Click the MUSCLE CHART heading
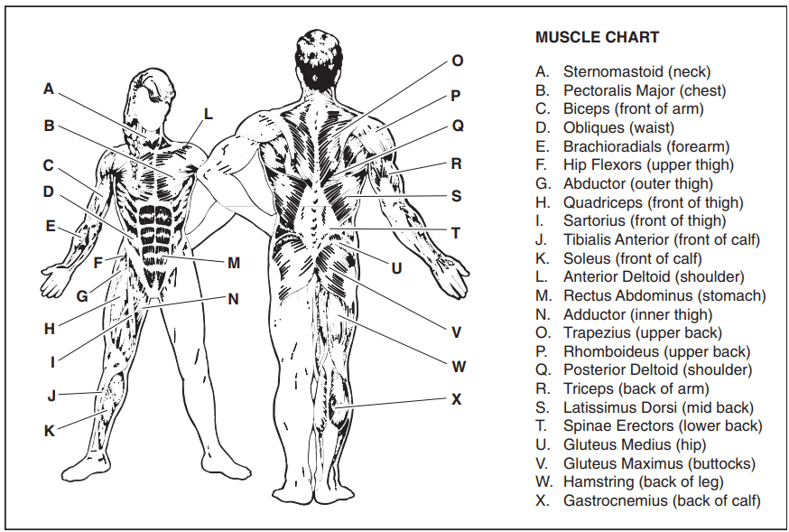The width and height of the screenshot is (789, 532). point(597,37)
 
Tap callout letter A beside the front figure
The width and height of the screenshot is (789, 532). point(49,89)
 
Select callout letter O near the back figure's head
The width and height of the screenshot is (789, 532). point(458,61)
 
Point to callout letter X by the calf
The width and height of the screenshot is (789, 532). point(457,399)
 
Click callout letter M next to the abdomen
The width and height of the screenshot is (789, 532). point(234,263)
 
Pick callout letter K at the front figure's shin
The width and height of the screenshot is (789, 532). point(50,431)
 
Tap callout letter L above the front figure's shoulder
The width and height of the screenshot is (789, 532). point(209,114)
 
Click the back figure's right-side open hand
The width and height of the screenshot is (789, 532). point(450,275)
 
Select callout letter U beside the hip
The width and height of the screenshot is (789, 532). point(396,269)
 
